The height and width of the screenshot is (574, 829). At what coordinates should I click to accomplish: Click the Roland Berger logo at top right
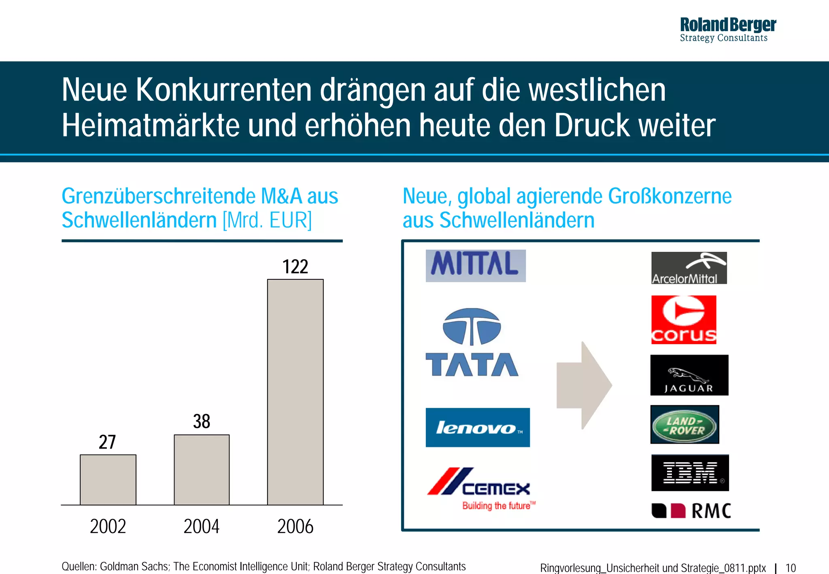[x=727, y=30]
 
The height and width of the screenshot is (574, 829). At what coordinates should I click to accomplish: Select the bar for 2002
[x=108, y=480]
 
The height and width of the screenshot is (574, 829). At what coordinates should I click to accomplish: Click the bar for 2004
[x=202, y=470]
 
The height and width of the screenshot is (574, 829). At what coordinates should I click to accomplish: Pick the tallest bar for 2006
[x=295, y=392]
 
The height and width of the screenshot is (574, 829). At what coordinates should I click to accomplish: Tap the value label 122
[x=295, y=267]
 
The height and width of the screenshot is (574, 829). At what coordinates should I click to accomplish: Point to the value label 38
[x=202, y=421]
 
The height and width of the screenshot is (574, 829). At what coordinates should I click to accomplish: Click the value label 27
[x=107, y=442]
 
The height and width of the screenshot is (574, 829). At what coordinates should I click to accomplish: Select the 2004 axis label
[x=202, y=526]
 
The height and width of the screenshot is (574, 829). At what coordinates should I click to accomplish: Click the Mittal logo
[x=476, y=266]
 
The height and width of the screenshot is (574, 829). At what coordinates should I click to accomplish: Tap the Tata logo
[x=472, y=342]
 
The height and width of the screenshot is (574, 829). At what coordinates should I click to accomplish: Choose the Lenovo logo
[x=478, y=427]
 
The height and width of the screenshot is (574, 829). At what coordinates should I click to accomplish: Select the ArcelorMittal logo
[x=689, y=268]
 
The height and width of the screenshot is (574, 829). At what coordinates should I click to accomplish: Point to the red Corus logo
[x=684, y=320]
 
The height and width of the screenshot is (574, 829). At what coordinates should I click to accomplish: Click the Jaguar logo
[x=689, y=375]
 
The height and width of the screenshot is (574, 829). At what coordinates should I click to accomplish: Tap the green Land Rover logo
[x=684, y=425]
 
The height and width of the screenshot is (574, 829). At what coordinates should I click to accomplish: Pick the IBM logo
[x=690, y=473]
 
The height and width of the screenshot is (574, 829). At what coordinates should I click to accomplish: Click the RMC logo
[x=691, y=511]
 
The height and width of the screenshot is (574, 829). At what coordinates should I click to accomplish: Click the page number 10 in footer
[x=790, y=568]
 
